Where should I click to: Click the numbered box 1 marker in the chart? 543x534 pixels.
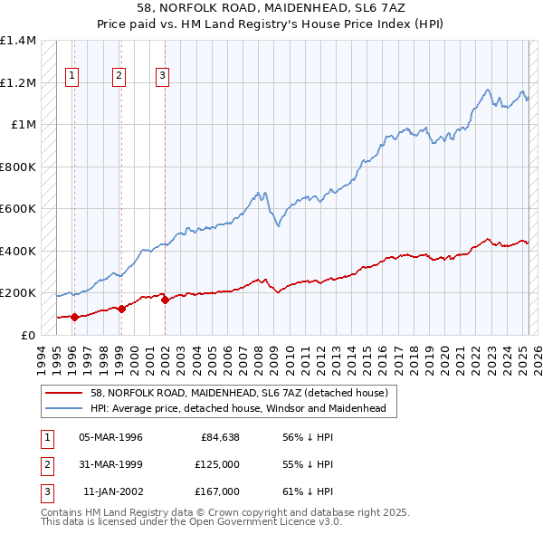point(71,76)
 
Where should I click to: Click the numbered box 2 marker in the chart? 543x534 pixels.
point(119,76)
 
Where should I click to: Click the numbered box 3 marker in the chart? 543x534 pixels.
point(161,76)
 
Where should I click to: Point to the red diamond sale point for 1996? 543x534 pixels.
point(74,317)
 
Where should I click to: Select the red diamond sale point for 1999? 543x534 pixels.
point(121,309)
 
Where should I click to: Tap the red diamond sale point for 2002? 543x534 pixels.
point(165,300)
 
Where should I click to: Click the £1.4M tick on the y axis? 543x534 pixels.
point(18,41)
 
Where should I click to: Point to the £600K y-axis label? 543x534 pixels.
point(18,209)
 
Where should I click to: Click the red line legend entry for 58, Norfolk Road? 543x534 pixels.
point(239,393)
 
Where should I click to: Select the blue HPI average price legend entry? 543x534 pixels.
point(237,409)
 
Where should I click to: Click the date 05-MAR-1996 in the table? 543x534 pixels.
point(110,437)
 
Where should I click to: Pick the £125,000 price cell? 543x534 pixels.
point(217,464)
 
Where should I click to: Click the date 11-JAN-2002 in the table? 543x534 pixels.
point(112,491)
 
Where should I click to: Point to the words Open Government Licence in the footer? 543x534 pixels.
point(253,521)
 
